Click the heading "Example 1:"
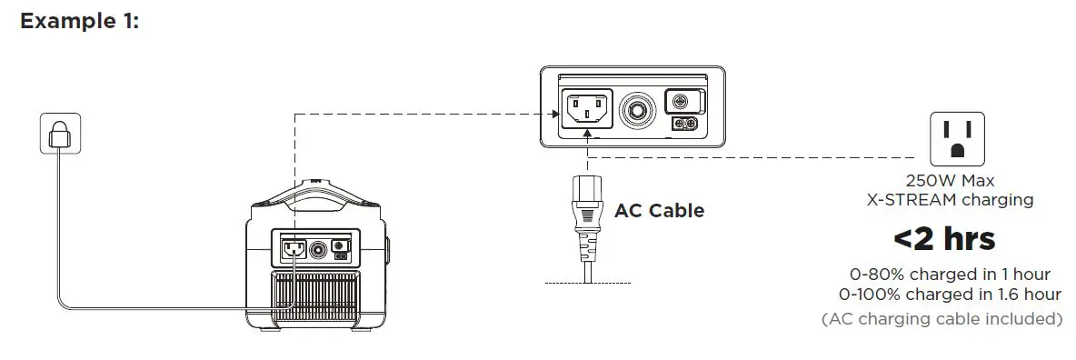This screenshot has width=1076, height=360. pos(79,21)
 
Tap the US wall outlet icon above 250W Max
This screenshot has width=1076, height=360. pos(956,138)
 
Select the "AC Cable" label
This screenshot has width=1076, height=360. pos(659,211)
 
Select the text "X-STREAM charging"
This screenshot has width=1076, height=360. pos(950,199)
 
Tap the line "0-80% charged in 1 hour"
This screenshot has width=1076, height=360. pos(950,274)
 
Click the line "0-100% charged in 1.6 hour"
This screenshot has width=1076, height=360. pos(950,294)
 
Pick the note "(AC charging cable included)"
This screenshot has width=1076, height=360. pos(942,319)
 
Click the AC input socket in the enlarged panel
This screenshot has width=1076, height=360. pos(588,111)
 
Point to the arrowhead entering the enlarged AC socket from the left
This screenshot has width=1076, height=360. pos(555,114)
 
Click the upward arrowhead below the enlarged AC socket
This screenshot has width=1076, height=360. pos(588,135)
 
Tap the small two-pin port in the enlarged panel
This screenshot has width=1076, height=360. pos(684,124)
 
